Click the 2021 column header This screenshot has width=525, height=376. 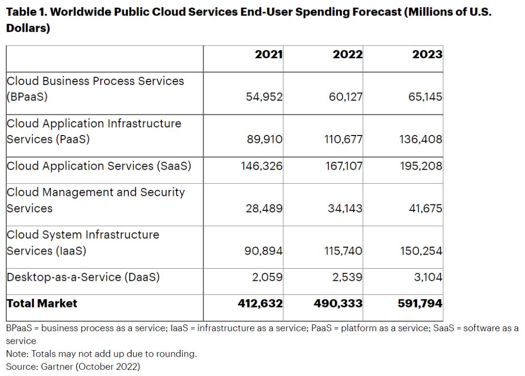(268, 54)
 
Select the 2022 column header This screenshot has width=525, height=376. (347, 54)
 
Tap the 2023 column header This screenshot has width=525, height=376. (427, 54)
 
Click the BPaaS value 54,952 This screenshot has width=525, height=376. (265, 97)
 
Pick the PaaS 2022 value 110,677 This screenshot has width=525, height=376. (343, 139)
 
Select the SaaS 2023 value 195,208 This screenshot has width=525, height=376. (422, 166)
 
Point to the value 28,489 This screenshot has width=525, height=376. (265, 208)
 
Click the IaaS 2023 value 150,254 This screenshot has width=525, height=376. (422, 251)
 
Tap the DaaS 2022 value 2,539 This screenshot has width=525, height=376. (346, 277)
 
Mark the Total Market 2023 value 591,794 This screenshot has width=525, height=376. (420, 304)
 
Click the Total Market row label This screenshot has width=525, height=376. (42, 304)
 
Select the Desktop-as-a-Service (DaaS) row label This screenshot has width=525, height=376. (83, 277)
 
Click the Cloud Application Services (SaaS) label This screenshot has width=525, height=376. (99, 166)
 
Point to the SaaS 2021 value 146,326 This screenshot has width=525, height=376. (262, 166)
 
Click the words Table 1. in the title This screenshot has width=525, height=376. (26, 12)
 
